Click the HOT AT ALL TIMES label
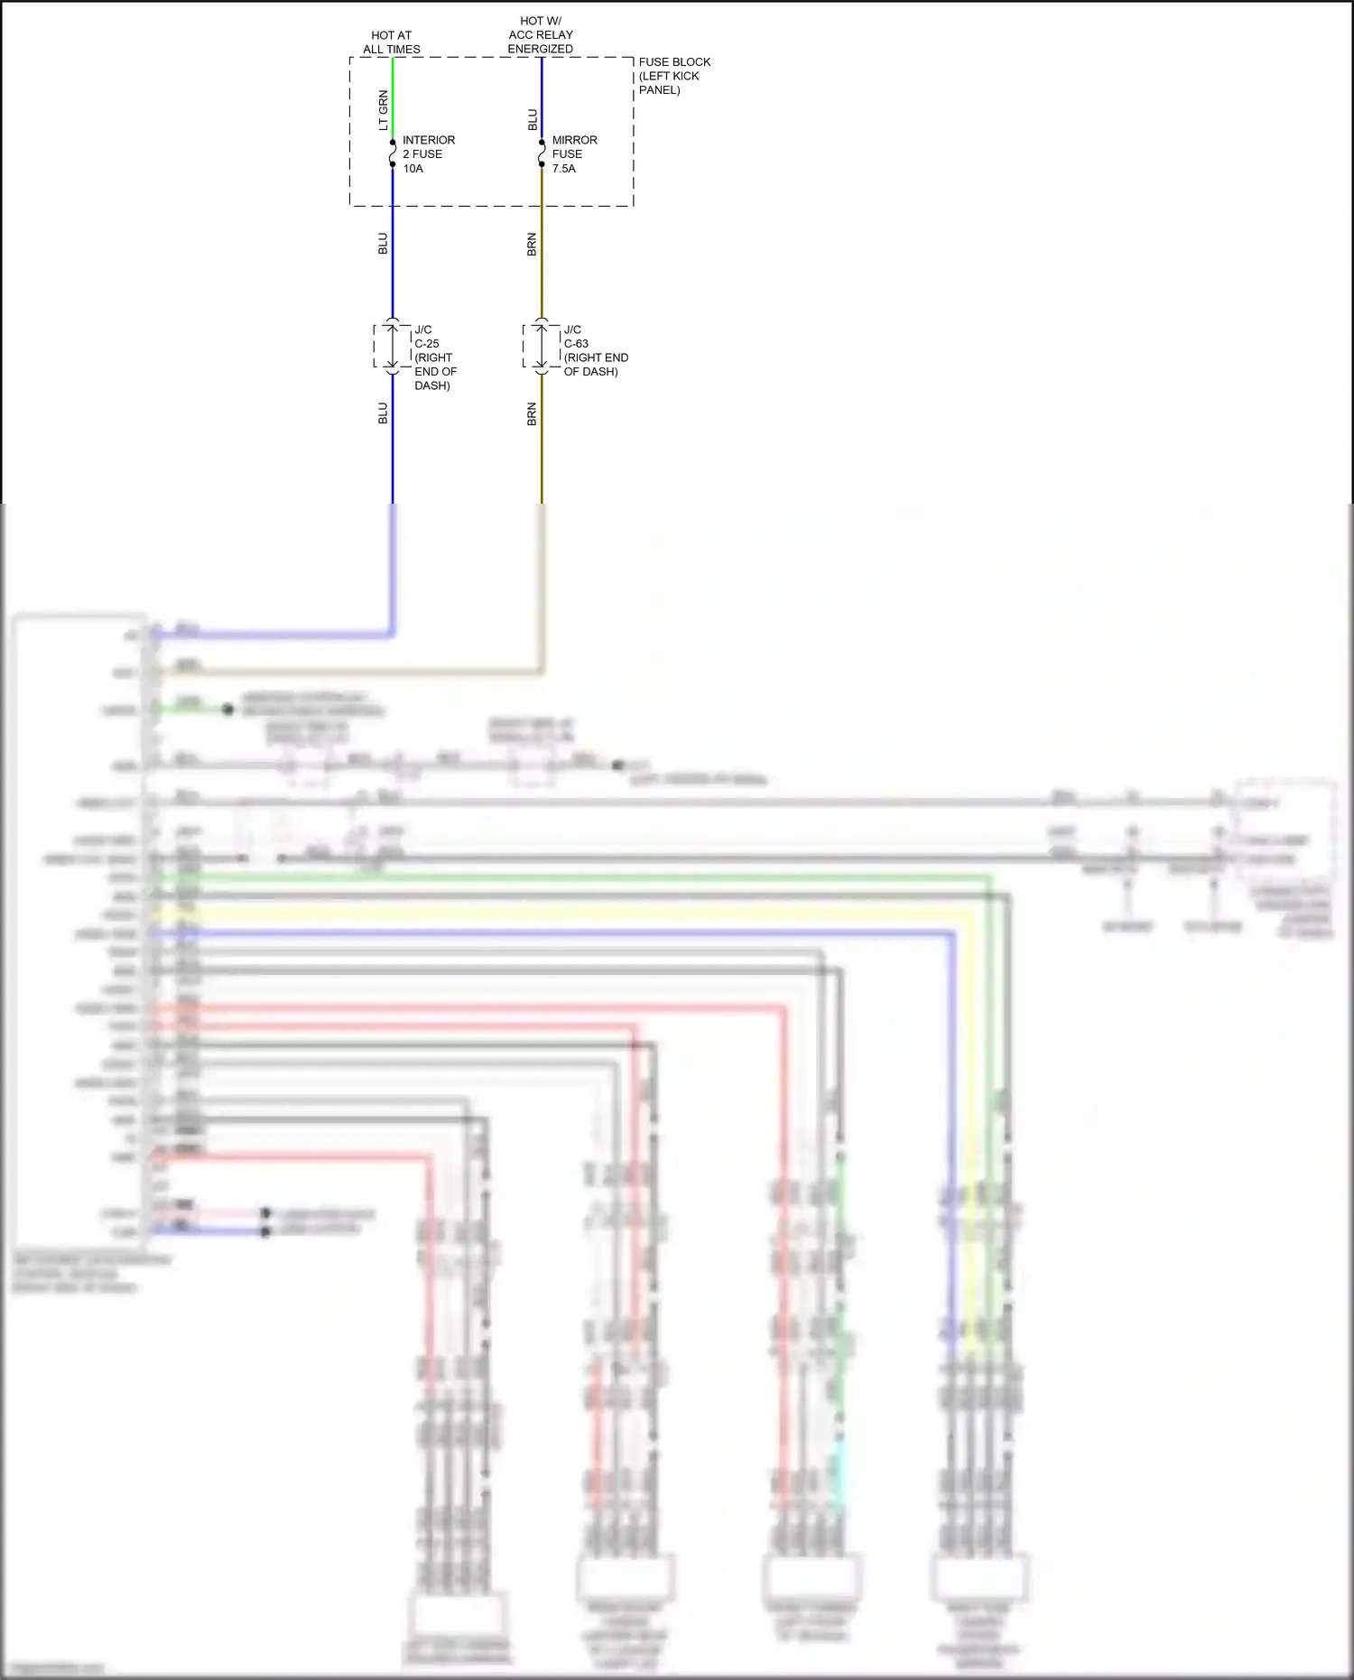coord(392,42)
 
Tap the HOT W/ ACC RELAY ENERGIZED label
coord(540,34)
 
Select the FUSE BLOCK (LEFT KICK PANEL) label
coord(673,76)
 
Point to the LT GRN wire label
coord(383,110)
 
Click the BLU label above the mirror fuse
coord(532,119)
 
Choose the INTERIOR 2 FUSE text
coord(428,147)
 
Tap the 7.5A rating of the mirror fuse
coord(563,169)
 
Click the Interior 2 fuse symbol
coord(393,153)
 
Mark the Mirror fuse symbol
coord(542,153)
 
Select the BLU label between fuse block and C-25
coord(383,244)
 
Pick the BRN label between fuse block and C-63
coord(532,244)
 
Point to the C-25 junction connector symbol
coord(393,347)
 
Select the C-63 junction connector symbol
coord(542,347)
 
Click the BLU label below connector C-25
coord(383,413)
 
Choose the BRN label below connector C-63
coord(532,413)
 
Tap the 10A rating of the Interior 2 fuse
coord(413,169)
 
